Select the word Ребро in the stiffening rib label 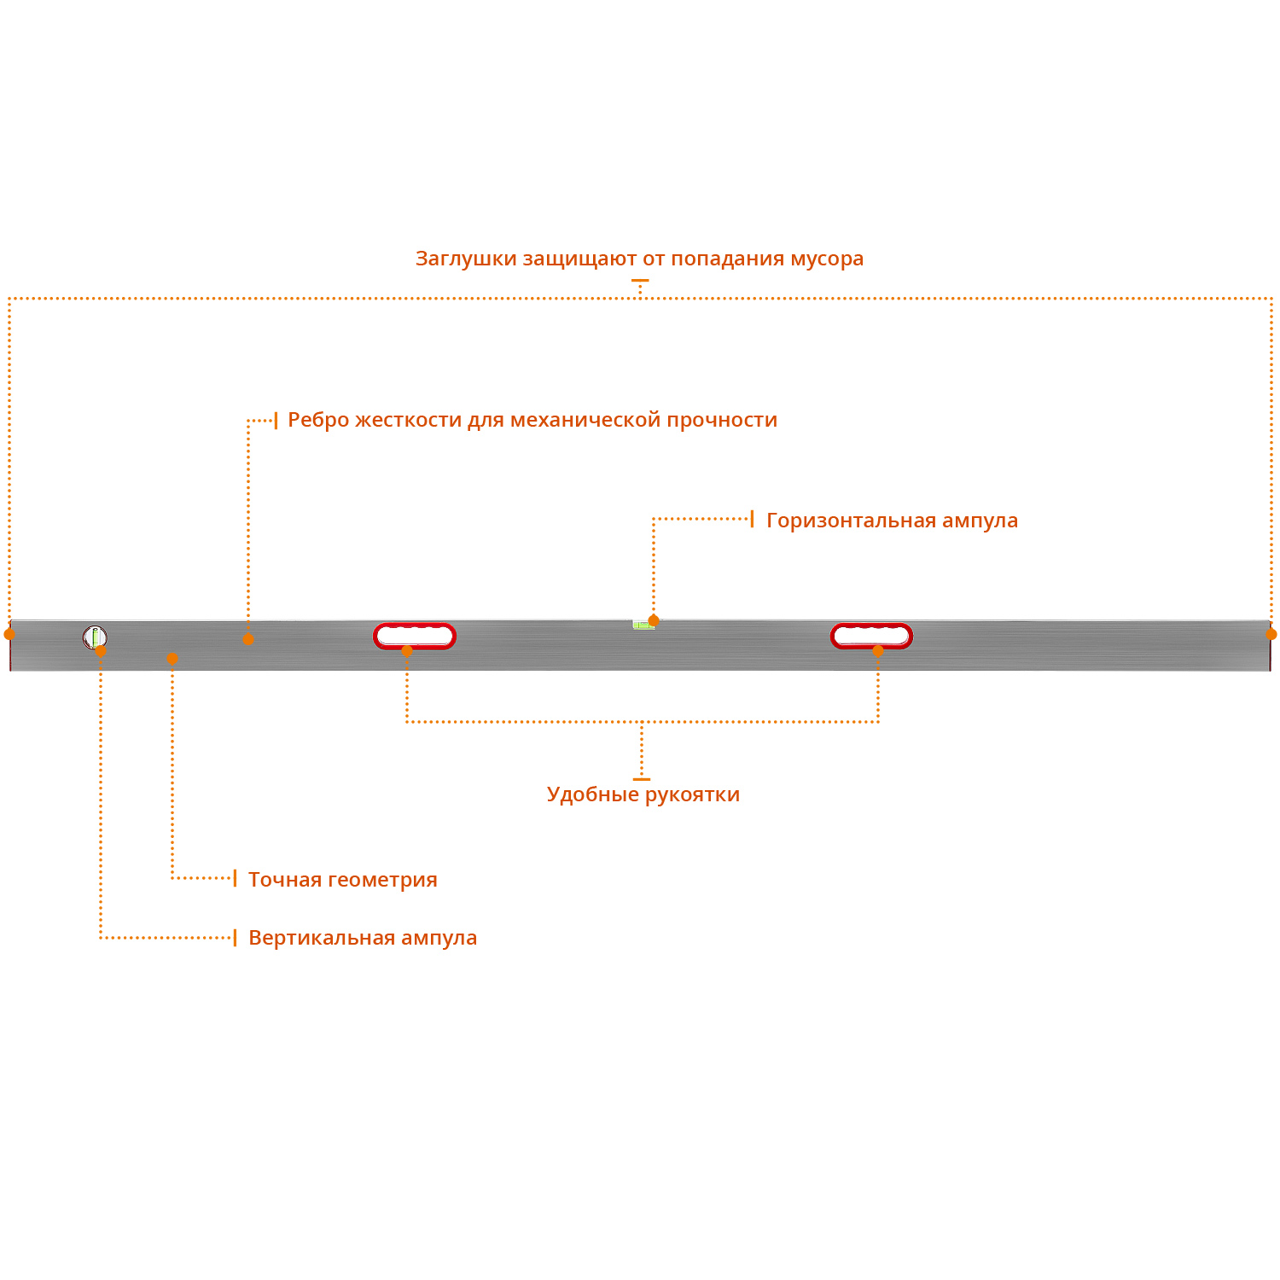(x=318, y=420)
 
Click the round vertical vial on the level (x=94, y=637)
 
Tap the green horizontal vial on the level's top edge (x=641, y=625)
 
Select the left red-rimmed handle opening (x=415, y=636)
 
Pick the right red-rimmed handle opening (x=871, y=636)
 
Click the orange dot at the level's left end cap (x=9, y=634)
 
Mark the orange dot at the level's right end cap (x=1271, y=634)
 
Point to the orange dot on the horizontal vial (x=654, y=620)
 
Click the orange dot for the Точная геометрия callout (x=172, y=659)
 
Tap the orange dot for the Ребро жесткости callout (x=248, y=639)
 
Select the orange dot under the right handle (x=878, y=651)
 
